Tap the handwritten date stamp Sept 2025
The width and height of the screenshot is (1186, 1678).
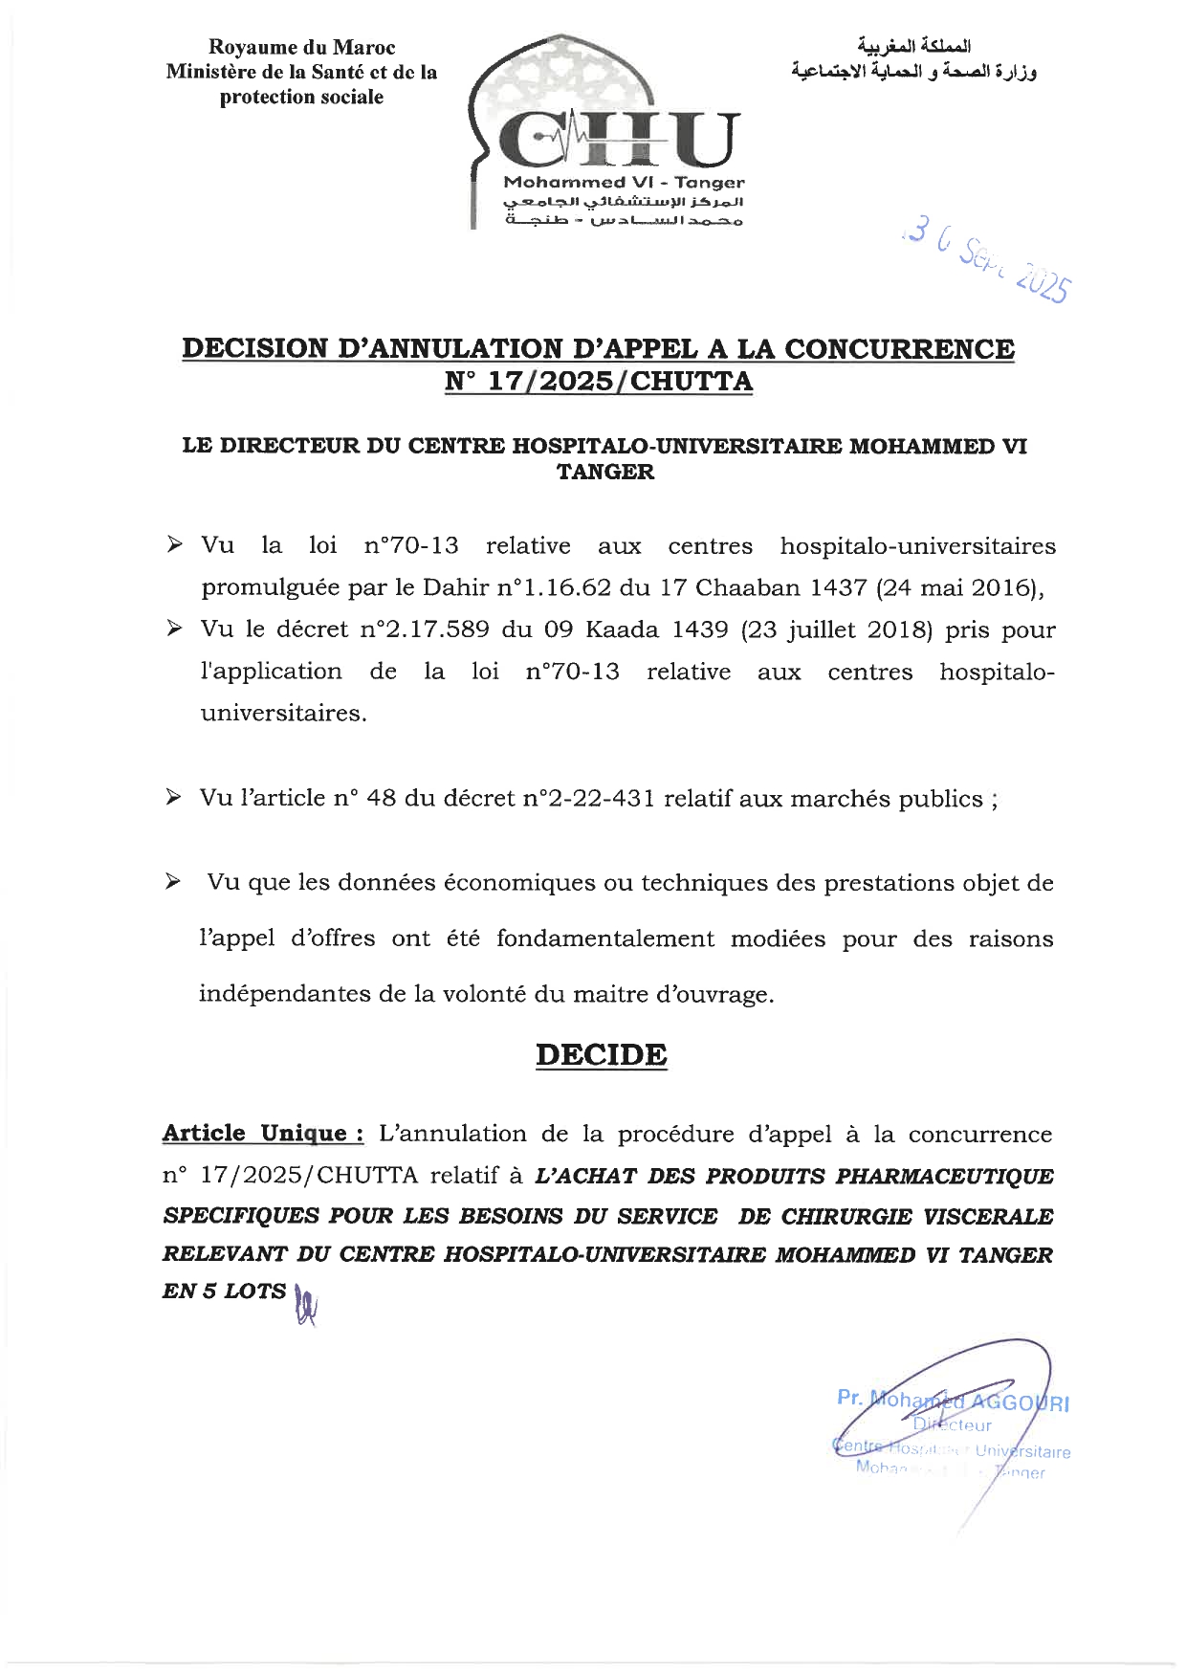pyautogui.click(x=990, y=263)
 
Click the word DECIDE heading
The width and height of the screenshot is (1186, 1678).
pyautogui.click(x=601, y=1055)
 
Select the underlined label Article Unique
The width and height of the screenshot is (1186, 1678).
pyautogui.click(x=262, y=1134)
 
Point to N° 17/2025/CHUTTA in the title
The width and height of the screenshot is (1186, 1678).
pyautogui.click(x=599, y=382)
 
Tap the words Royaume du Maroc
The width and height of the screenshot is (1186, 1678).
pyautogui.click(x=301, y=47)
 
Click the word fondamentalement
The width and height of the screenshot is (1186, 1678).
pyautogui.click(x=604, y=938)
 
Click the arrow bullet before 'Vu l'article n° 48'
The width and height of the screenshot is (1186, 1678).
pyautogui.click(x=173, y=798)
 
